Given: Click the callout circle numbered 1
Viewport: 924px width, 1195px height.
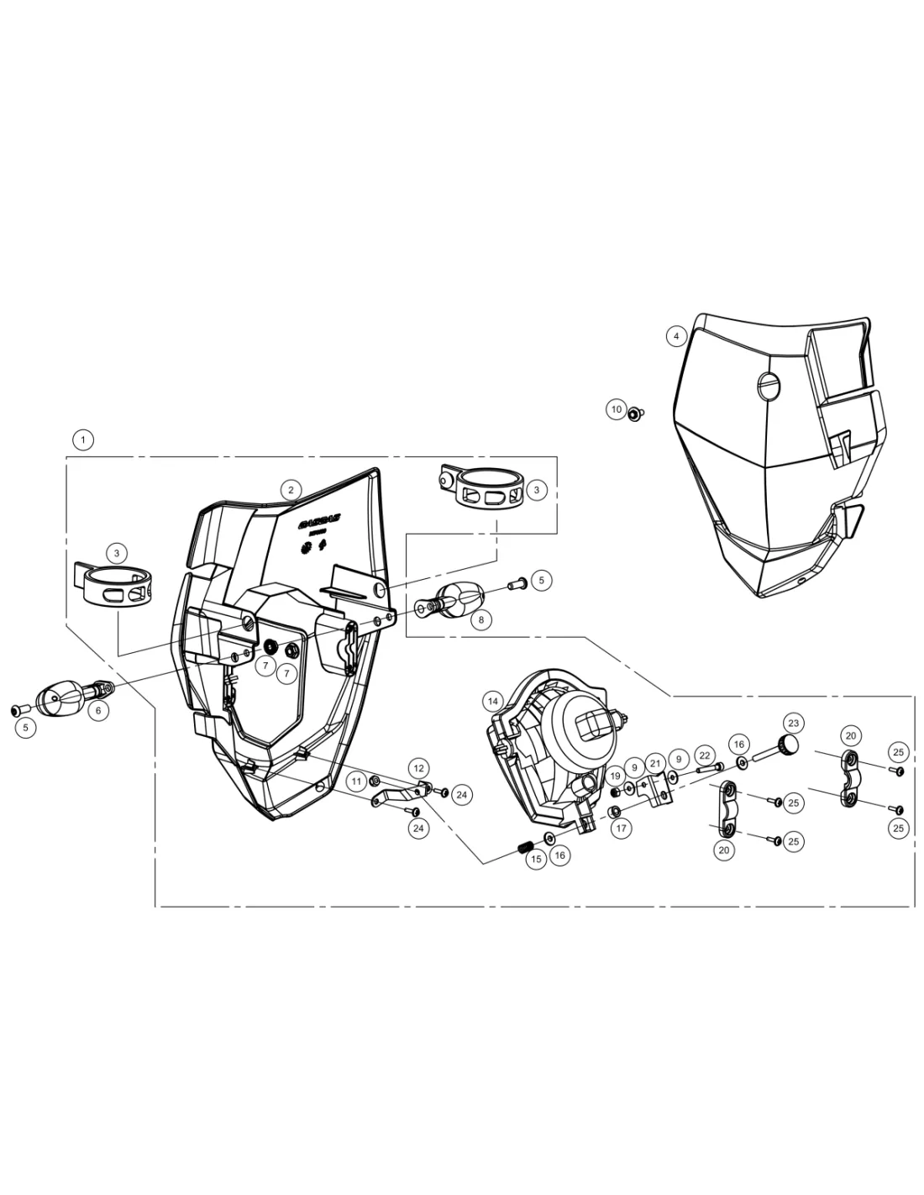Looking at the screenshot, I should click(x=82, y=439).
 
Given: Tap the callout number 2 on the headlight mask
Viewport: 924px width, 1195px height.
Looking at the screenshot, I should click(x=290, y=489).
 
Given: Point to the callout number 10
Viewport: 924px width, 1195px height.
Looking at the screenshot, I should click(x=617, y=410).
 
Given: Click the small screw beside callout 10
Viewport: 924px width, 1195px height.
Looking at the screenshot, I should click(x=636, y=413).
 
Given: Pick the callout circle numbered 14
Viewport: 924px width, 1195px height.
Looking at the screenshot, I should click(x=492, y=701).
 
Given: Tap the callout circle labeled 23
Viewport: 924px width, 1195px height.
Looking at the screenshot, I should click(x=793, y=723).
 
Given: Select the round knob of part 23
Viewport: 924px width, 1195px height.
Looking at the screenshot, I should click(x=788, y=745).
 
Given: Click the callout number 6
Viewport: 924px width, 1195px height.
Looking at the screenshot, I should click(x=97, y=710).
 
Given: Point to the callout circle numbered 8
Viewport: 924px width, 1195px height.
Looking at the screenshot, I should click(x=481, y=620).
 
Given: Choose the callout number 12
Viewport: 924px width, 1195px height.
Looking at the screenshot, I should click(x=418, y=767).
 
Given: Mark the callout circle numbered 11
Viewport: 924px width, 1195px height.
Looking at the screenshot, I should click(x=356, y=782).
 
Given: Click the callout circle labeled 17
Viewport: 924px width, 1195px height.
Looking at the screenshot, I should click(x=621, y=829).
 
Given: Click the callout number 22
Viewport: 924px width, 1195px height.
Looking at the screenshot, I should click(x=705, y=756).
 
